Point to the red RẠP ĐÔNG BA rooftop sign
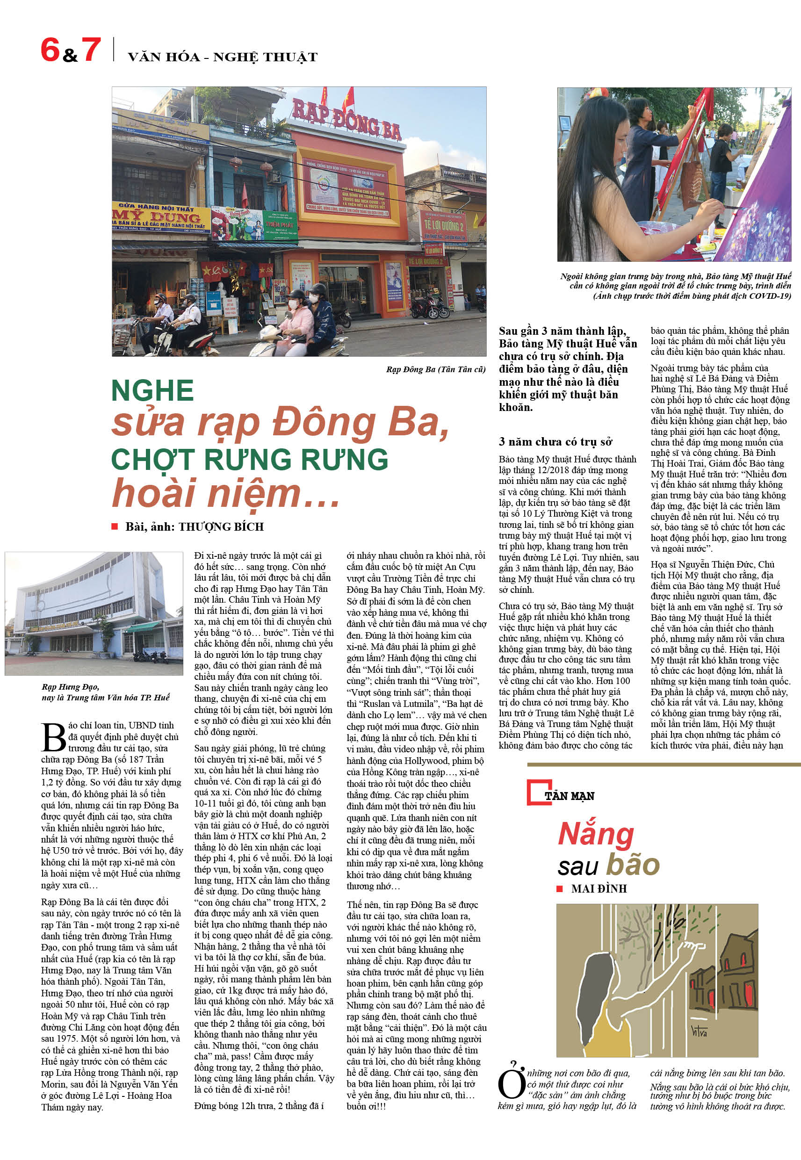click(346, 119)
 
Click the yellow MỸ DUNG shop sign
click(159, 217)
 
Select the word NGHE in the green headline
click(152, 390)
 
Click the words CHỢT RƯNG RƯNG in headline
click(249, 459)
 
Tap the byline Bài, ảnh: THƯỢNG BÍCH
click(194, 526)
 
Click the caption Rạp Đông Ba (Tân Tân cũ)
click(435, 369)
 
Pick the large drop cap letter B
click(53, 737)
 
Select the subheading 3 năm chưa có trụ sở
click(555, 441)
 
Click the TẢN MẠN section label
click(569, 796)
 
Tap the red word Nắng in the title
click(596, 834)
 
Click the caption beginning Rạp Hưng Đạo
click(105, 692)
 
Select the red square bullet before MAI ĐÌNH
click(560, 888)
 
